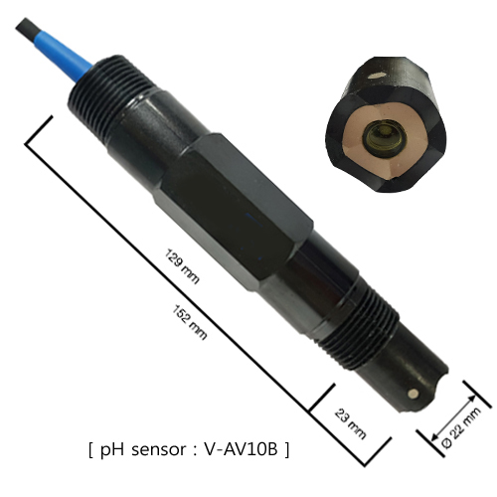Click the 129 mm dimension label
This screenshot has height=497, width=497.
click(182, 266)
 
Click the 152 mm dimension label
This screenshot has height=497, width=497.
click(190, 322)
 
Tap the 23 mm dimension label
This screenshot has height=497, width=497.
click(351, 424)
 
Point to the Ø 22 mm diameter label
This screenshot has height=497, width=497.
click(461, 427)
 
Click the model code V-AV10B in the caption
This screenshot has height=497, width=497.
click(241, 449)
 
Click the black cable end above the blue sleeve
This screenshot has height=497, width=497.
click(26, 28)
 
